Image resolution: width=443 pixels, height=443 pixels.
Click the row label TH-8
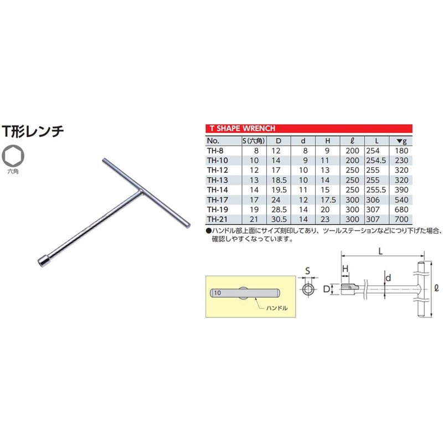215,150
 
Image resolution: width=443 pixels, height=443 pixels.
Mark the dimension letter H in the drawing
344,269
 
